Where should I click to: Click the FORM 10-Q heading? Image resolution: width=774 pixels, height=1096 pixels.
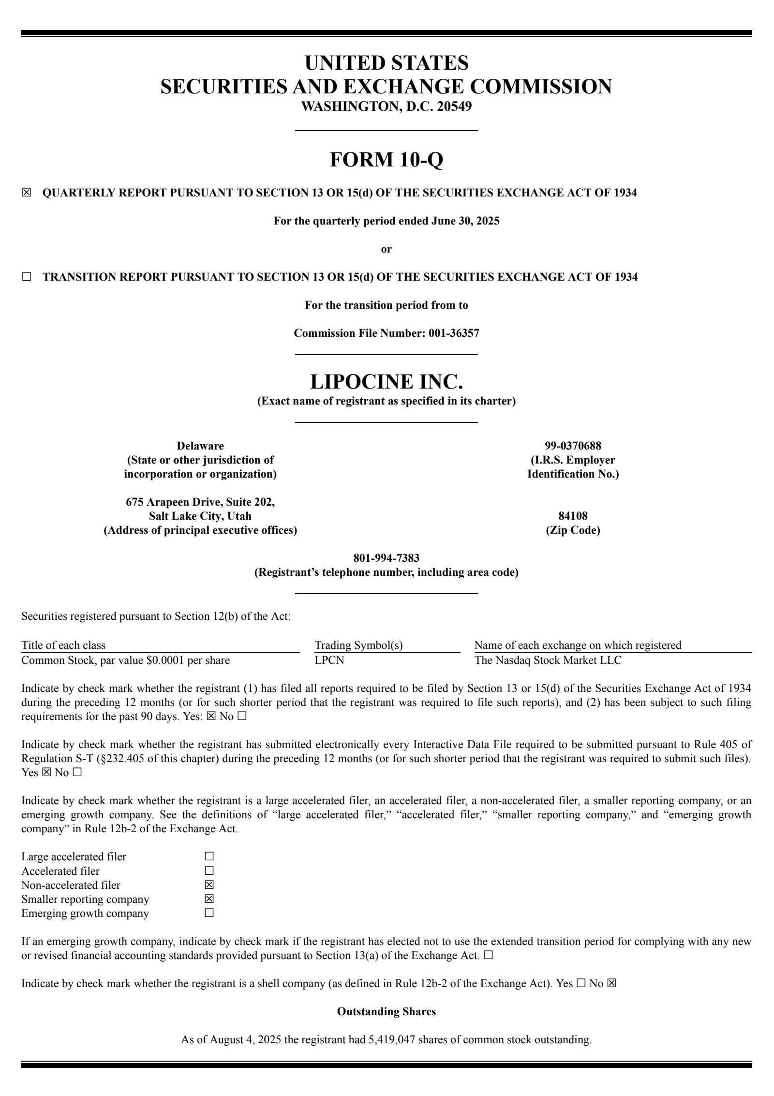tap(386, 160)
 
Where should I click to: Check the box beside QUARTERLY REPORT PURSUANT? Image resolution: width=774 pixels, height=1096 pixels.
tap(26, 193)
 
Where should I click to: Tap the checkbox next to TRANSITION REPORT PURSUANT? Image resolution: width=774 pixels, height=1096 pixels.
tap(26, 277)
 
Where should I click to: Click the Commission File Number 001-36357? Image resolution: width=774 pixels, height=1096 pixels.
tap(453, 333)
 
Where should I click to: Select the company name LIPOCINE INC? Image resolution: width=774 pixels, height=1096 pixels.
tap(386, 382)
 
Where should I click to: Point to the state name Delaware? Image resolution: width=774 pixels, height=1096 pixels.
tap(200, 446)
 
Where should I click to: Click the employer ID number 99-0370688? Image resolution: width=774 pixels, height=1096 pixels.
tap(573, 446)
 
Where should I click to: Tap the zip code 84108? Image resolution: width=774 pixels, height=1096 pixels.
tap(573, 516)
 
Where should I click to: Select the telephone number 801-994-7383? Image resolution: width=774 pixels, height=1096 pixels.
tap(386, 558)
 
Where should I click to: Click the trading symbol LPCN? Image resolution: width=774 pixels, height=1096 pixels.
tap(329, 660)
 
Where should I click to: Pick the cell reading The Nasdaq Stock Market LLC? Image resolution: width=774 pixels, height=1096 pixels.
tap(548, 660)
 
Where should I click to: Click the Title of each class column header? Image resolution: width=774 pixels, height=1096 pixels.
tap(63, 645)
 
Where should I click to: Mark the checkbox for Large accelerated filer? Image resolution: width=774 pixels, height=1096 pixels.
tap(209, 857)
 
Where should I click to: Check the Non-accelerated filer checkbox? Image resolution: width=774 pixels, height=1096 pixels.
tap(209, 885)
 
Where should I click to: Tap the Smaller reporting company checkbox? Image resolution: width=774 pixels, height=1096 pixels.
tap(209, 899)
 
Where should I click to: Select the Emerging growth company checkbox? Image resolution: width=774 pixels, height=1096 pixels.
tap(209, 913)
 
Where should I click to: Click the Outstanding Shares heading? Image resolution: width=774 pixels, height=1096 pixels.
tap(386, 1012)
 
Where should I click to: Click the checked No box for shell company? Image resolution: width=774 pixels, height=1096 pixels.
tap(611, 984)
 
